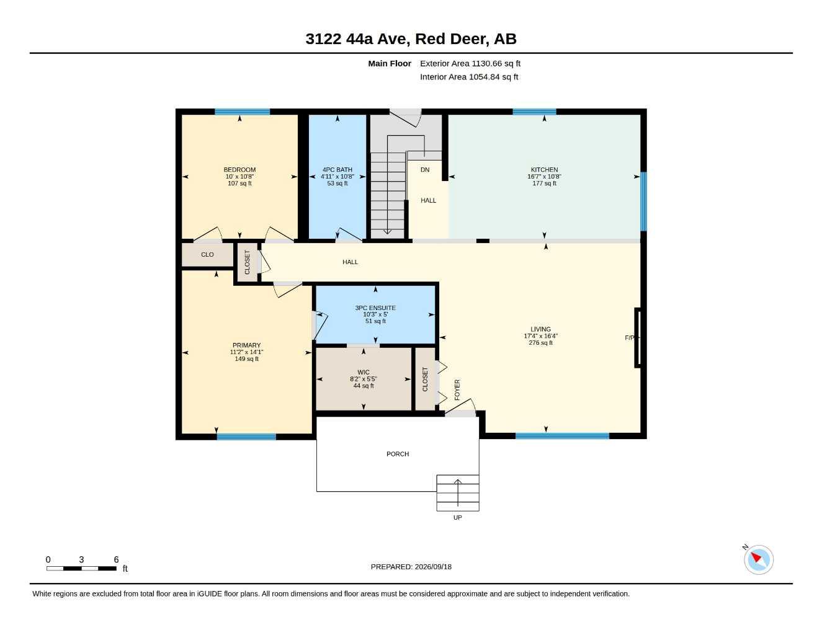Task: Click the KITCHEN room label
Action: coord(544,170)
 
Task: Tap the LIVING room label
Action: coord(540,329)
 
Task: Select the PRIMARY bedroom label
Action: coord(247,345)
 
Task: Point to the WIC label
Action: coord(364,372)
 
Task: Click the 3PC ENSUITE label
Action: coord(375,308)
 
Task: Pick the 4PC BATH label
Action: coord(337,170)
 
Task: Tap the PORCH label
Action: coord(398,454)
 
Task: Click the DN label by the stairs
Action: coord(425,170)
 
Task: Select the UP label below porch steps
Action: coord(458,517)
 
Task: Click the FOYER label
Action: coord(457,389)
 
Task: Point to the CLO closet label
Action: coord(207,255)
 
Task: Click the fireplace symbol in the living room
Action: coord(637,337)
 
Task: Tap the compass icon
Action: coord(759,560)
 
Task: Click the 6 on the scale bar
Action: coord(116,559)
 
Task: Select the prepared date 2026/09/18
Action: coord(433,567)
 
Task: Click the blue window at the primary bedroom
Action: coord(246,437)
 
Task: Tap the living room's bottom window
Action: coord(562,436)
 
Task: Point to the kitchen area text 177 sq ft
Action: coord(544,184)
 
